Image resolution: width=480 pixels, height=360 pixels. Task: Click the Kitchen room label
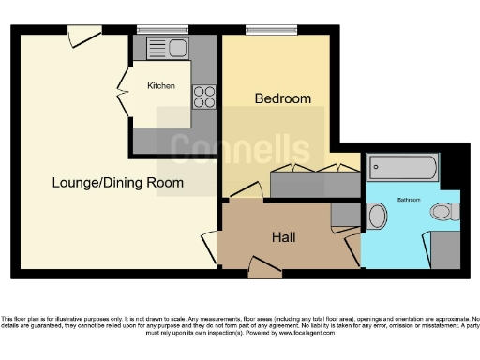pos(161,86)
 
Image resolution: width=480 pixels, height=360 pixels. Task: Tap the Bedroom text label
pos(283,98)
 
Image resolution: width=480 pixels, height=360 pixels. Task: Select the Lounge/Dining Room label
pos(117,182)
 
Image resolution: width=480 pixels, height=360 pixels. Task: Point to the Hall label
pos(283,237)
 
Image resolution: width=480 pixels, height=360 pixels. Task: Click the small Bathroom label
pos(409,200)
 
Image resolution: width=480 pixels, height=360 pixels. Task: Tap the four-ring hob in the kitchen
pos(203,96)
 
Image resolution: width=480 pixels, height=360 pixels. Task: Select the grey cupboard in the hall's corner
pos(345,215)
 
